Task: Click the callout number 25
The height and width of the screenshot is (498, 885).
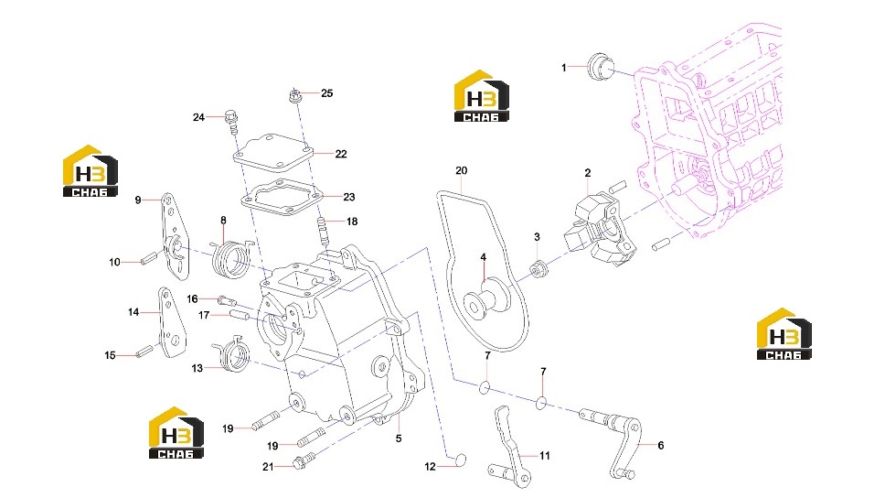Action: [326, 93]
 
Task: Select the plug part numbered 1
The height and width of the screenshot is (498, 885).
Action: [600, 67]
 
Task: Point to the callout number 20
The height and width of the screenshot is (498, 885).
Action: [461, 170]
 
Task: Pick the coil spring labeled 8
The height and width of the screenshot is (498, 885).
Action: [230, 258]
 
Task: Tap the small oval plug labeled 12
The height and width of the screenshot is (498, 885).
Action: [460, 460]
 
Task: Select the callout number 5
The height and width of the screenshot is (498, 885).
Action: [399, 438]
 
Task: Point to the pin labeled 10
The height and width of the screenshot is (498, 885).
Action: [149, 260]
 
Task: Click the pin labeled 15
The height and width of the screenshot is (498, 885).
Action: [144, 351]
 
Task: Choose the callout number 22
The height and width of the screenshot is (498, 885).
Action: [341, 154]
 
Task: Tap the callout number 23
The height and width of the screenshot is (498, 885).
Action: [349, 197]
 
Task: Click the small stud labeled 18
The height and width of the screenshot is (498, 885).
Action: [324, 230]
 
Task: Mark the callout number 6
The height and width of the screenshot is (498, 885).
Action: [660, 446]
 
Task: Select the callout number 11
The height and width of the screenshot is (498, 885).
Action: [544, 456]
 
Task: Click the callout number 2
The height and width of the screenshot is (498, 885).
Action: [588, 173]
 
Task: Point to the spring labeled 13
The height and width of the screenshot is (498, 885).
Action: [232, 354]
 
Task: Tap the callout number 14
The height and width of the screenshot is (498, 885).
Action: [133, 312]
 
